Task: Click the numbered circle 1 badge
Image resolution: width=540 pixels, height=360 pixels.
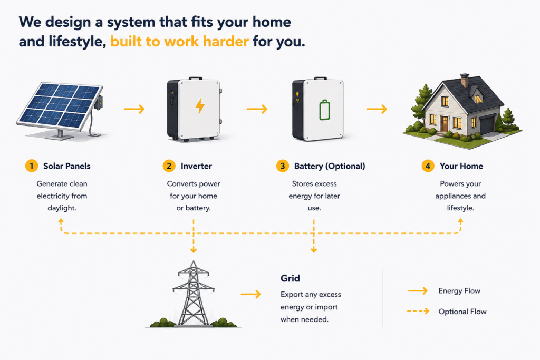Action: click(x=31, y=166)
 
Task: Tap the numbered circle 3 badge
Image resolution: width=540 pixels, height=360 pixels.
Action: click(x=283, y=166)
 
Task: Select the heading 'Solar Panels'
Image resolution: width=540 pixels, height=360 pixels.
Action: click(x=67, y=166)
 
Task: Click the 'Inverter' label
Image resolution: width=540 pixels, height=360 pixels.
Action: click(x=196, y=166)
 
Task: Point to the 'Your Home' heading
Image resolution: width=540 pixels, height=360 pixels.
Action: click(x=461, y=166)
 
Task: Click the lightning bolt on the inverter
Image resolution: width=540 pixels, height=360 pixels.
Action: click(x=200, y=105)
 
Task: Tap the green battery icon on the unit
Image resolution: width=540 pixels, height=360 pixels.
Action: click(x=324, y=110)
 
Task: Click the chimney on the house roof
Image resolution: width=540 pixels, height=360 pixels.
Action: click(x=465, y=81)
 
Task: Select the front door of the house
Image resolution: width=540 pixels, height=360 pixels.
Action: click(x=445, y=124)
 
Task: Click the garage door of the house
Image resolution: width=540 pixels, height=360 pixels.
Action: click(x=487, y=125)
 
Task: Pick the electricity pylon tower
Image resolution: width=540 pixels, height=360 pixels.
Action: click(x=193, y=293)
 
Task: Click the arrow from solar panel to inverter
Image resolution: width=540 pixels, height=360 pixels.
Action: click(x=134, y=109)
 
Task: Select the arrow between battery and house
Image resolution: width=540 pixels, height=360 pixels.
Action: click(x=377, y=109)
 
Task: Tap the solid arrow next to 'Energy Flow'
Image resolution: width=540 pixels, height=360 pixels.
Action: click(x=418, y=291)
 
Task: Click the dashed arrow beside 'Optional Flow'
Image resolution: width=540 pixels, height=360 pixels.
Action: click(x=418, y=311)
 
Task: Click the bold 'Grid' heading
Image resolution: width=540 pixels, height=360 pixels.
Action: click(x=290, y=278)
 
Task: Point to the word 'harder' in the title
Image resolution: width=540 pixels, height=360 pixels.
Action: click(x=226, y=42)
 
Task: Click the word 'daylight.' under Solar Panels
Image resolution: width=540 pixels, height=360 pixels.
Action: click(x=62, y=208)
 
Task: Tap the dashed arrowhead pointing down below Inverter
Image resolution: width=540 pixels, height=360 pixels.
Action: click(x=194, y=250)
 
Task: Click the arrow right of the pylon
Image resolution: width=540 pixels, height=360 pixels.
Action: click(x=250, y=294)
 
